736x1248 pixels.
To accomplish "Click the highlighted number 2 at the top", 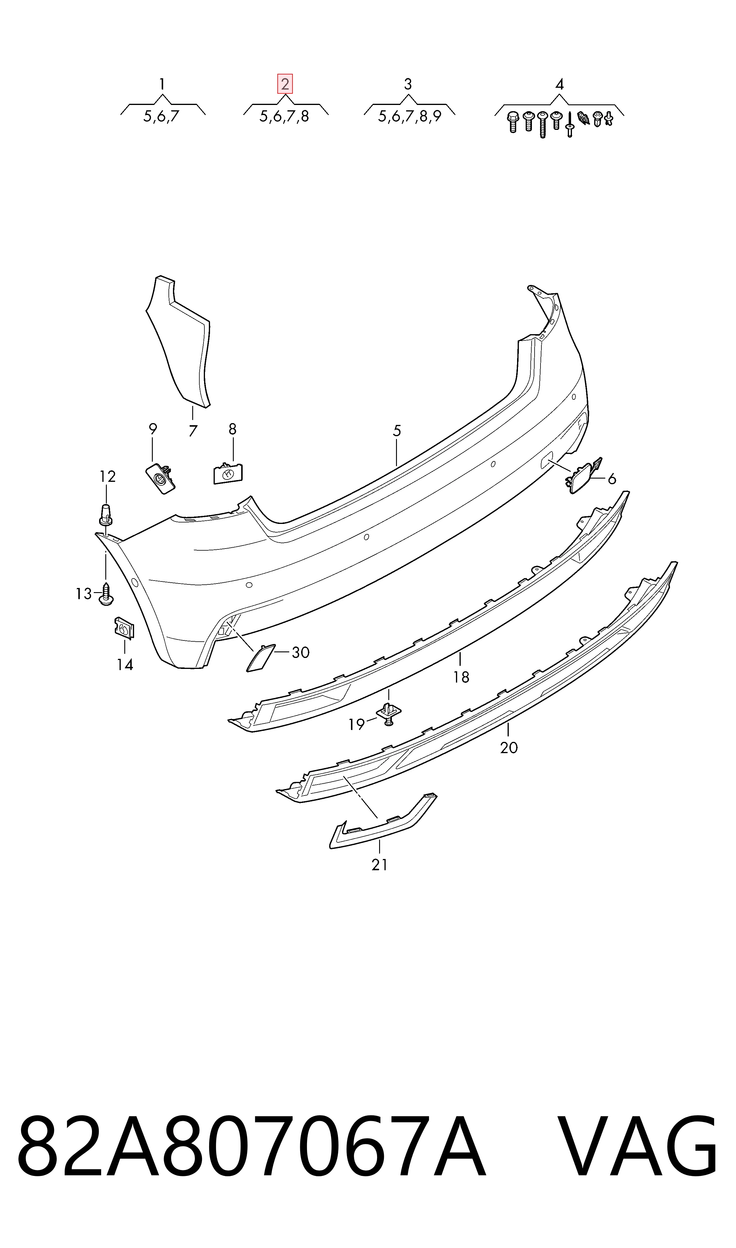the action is tap(285, 84).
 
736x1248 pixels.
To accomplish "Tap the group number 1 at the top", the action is tap(162, 84).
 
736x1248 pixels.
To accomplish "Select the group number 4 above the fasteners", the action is tap(559, 84).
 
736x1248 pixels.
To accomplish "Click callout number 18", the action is tap(461, 677).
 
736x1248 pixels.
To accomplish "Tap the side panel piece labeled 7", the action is tap(179, 342).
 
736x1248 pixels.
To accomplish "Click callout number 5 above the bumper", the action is tap(397, 431).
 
